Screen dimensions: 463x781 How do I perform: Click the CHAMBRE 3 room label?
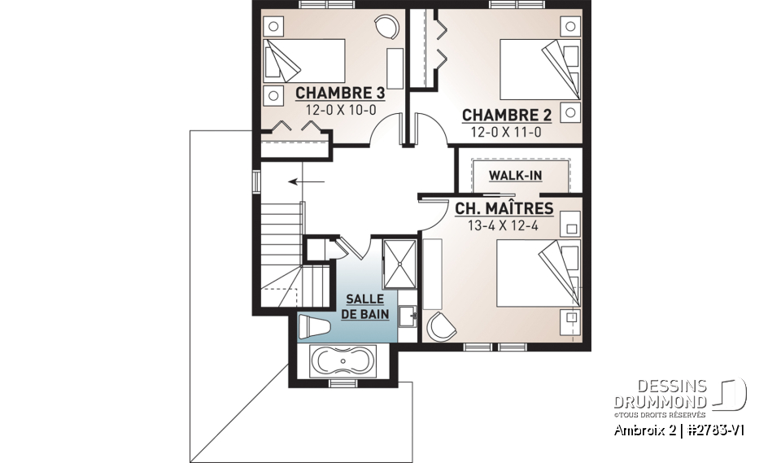point(339,92)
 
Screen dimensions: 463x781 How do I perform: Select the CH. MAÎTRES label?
point(504,209)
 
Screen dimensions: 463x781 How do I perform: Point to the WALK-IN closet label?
point(515,175)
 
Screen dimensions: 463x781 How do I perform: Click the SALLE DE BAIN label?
point(365,306)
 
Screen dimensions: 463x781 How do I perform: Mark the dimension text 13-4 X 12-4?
point(504,225)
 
